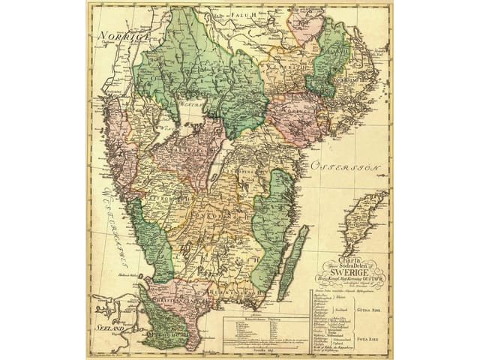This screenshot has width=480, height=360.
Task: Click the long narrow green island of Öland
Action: coord(293,263)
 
